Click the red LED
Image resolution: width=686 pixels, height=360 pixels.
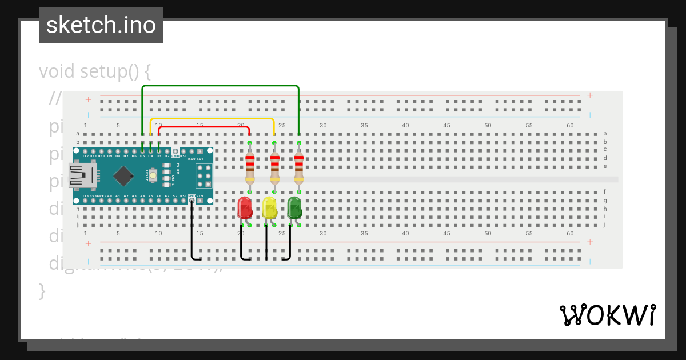coord(245,207)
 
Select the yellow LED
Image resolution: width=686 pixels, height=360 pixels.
coord(269,207)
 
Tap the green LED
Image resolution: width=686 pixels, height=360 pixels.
coord(294,207)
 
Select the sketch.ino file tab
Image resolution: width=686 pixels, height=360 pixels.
coord(101,25)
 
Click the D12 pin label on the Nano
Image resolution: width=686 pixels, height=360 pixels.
coord(85,155)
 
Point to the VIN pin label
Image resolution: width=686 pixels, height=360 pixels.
coord(200,196)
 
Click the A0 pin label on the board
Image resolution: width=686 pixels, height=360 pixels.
coord(109,196)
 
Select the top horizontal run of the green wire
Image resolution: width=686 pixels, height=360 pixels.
coord(220,86)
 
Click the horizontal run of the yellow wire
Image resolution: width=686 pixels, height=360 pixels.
coord(212,119)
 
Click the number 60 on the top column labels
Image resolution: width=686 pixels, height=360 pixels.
coord(570,125)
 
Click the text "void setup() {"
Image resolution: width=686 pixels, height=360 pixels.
coord(95,72)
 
